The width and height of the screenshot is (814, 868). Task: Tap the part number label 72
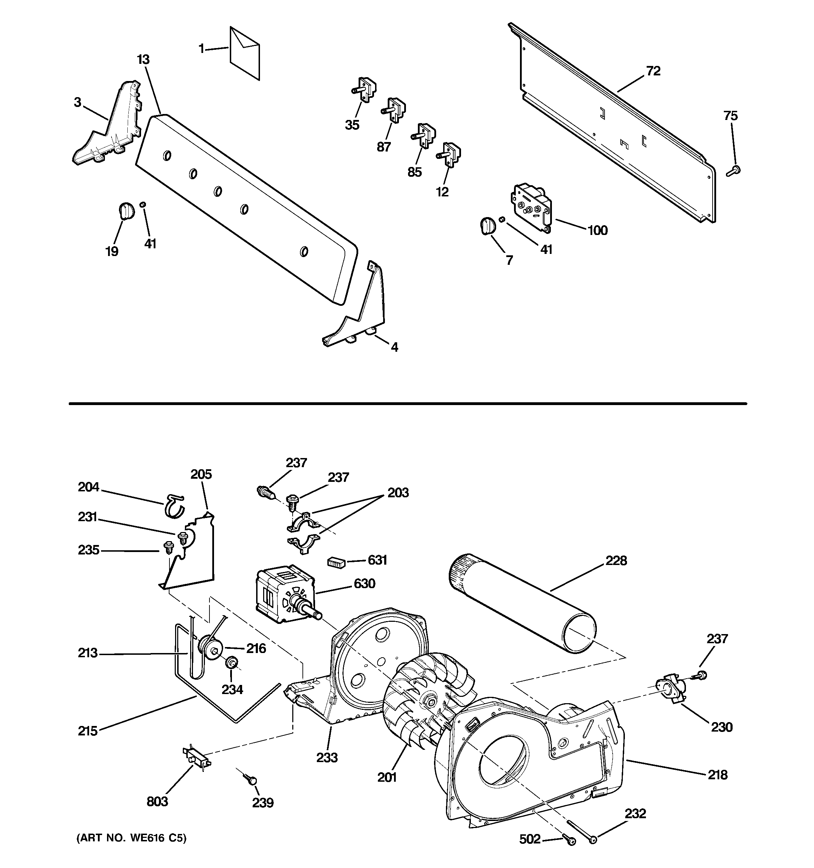pos(653,71)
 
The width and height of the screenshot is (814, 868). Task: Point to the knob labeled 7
pos(488,226)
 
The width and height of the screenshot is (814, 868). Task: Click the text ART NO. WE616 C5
pos(131,838)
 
